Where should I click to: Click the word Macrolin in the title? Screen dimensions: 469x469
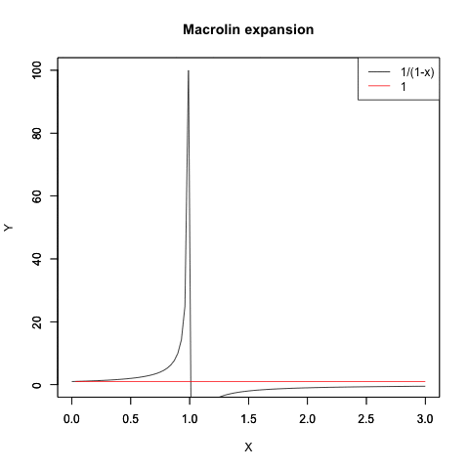click(212, 29)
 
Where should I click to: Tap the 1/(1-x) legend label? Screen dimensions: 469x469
click(417, 72)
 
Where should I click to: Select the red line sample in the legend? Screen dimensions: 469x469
click(379, 86)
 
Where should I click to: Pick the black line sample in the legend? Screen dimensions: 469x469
click(379, 71)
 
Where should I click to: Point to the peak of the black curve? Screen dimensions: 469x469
click(189, 70)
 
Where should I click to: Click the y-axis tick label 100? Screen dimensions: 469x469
click(37, 70)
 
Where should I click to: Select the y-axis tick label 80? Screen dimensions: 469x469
click(37, 133)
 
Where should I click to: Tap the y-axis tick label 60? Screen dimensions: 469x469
click(37, 196)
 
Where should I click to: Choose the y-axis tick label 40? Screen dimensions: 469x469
click(37, 259)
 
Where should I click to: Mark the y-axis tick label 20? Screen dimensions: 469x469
click(37, 321)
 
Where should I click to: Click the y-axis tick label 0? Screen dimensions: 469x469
click(37, 385)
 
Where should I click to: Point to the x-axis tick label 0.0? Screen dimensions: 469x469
click(71, 419)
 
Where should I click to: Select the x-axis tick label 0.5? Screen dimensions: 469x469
click(131, 419)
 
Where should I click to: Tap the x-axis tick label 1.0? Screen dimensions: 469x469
click(190, 419)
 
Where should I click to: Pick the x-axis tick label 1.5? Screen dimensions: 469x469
click(248, 419)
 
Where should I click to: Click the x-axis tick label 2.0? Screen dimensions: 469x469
click(308, 419)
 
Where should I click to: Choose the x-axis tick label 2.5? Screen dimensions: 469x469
click(366, 419)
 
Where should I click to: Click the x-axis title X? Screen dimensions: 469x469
click(248, 448)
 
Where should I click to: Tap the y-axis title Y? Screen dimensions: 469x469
click(9, 228)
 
